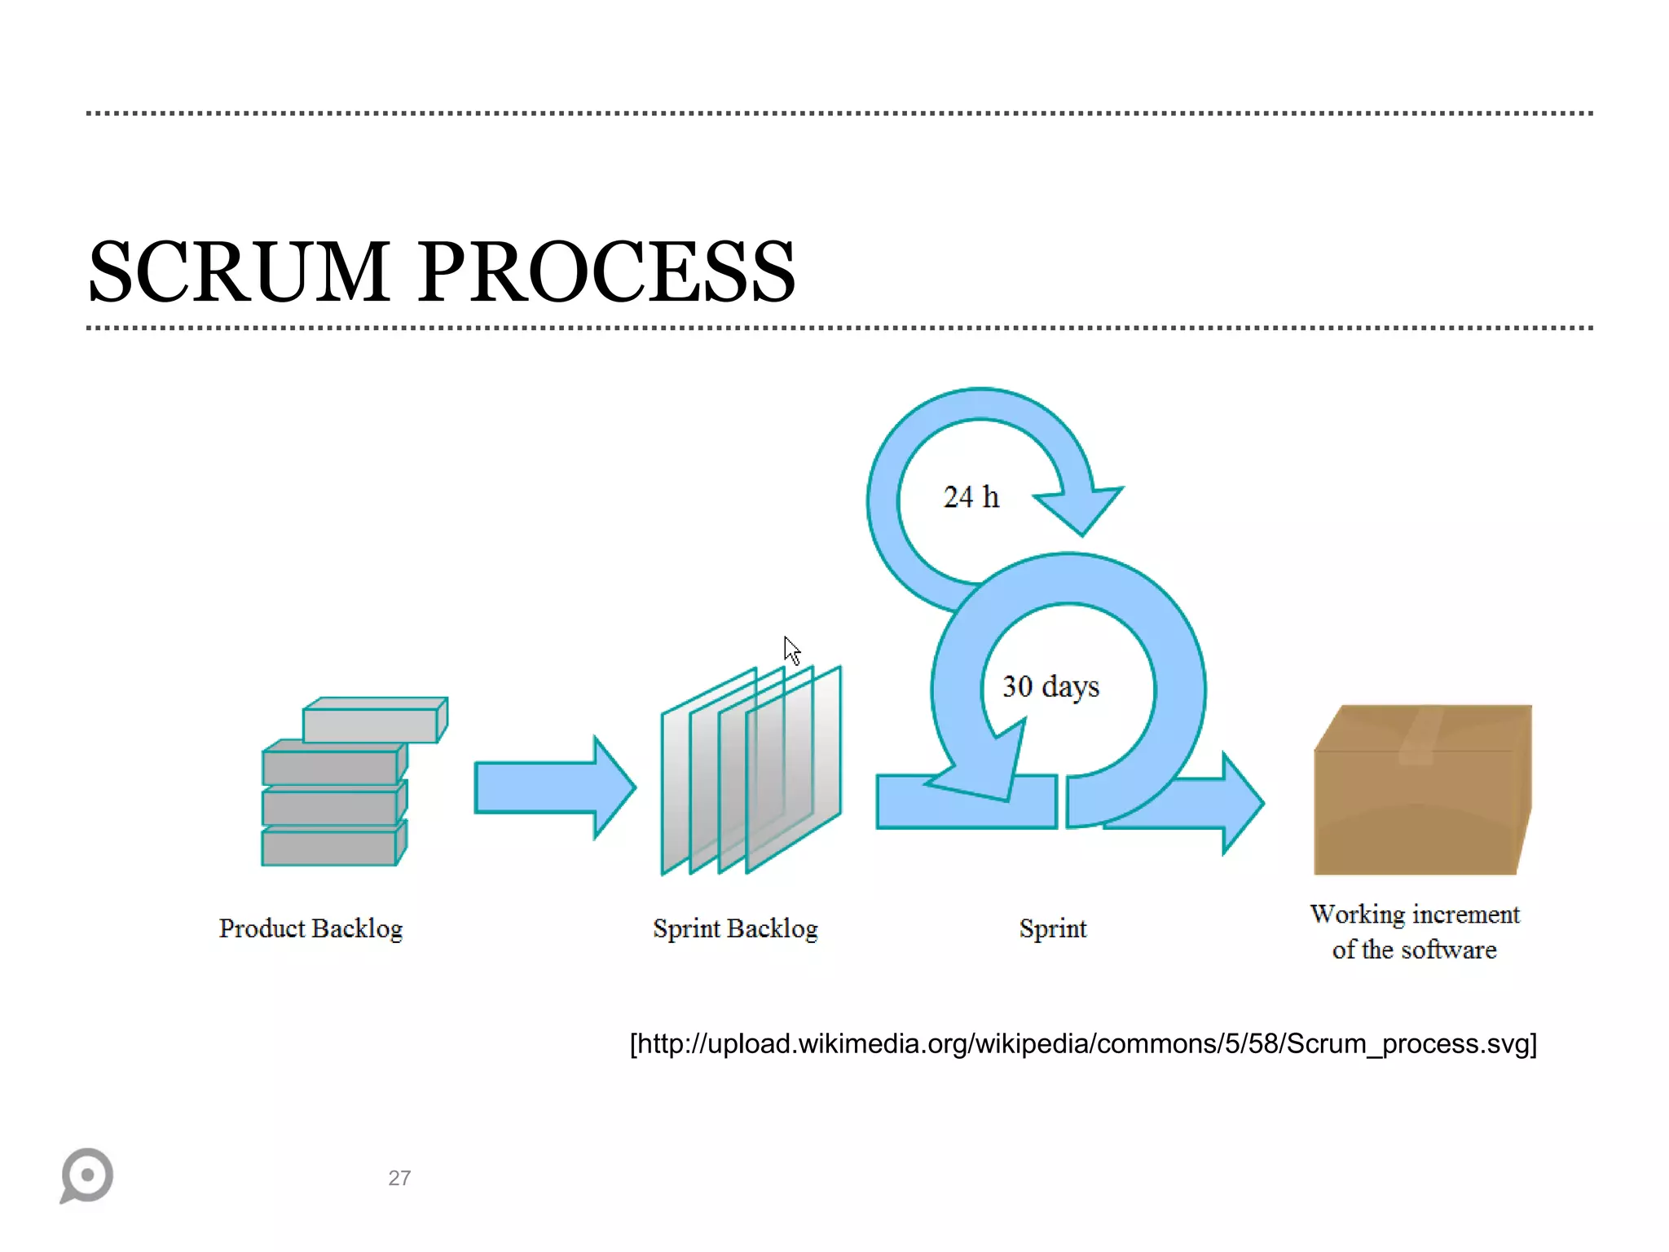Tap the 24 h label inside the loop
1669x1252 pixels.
(971, 497)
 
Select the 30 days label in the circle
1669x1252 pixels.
(1050, 687)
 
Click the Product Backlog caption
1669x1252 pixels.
(310, 928)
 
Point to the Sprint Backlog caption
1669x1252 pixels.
(735, 928)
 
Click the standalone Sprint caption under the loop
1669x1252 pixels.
(1052, 928)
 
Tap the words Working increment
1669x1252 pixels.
(1415, 915)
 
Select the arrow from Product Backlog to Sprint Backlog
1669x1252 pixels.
(554, 787)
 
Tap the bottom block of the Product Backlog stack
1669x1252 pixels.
(329, 848)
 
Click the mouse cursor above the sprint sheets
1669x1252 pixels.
(791, 650)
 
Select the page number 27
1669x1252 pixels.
(399, 1178)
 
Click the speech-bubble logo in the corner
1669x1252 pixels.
(86, 1175)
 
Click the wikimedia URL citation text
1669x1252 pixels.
(1083, 1044)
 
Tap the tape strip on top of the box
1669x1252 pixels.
(1420, 734)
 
